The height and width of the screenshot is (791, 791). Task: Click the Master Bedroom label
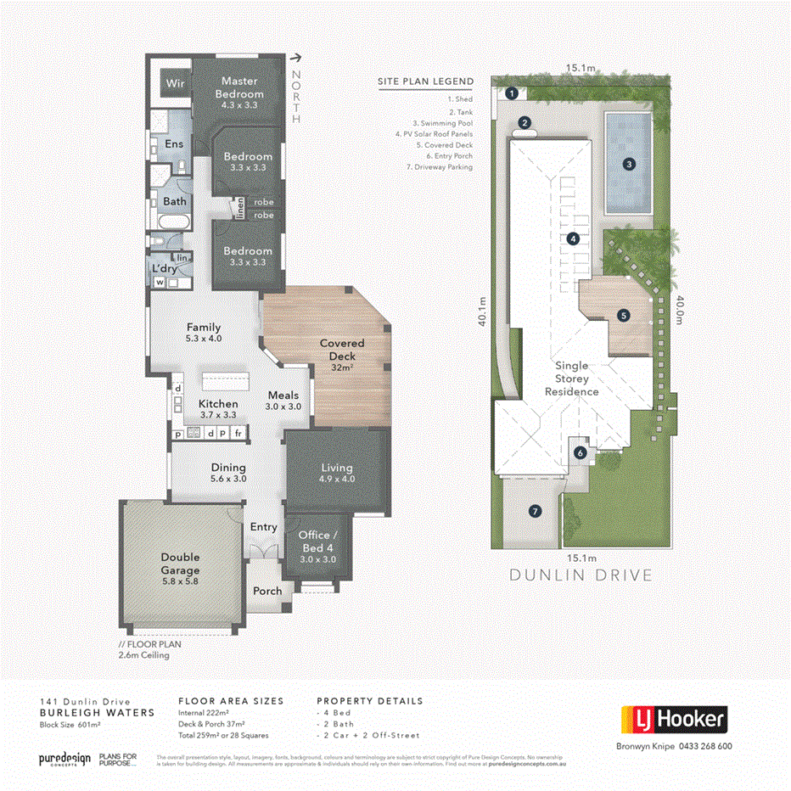[238, 88]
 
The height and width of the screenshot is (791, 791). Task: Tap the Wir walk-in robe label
[175, 84]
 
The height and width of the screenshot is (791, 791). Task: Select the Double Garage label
[180, 563]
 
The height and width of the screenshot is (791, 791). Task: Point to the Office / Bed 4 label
[317, 541]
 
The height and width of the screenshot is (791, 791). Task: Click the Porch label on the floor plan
[268, 591]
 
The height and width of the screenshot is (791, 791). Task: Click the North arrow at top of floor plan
[296, 59]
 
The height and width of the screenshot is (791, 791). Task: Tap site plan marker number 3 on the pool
[629, 165]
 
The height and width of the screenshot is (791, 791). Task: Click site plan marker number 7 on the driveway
[535, 511]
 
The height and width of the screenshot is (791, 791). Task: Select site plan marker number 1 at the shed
[512, 93]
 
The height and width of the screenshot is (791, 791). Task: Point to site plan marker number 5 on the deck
[624, 315]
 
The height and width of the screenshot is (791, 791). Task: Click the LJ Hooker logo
[674, 720]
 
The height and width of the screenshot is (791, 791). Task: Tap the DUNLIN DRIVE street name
[581, 575]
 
